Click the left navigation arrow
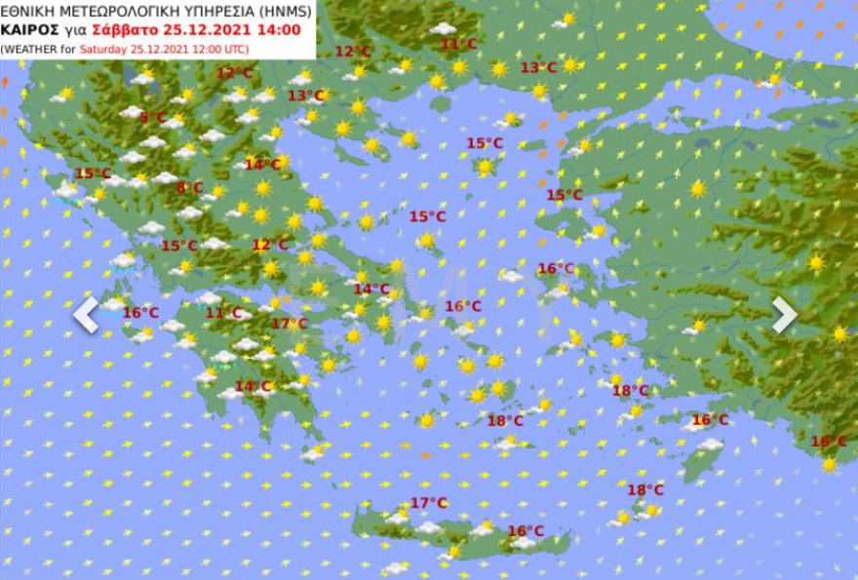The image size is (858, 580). [86, 315]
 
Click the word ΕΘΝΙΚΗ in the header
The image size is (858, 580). [29, 10]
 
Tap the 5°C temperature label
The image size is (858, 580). [153, 117]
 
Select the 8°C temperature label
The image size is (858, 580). [189, 187]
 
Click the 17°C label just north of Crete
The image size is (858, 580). [428, 503]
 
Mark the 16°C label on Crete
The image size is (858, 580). [526, 531]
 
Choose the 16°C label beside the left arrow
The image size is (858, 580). [140, 312]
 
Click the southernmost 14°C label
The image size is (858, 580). [253, 386]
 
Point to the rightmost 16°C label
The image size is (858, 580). [828, 442]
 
